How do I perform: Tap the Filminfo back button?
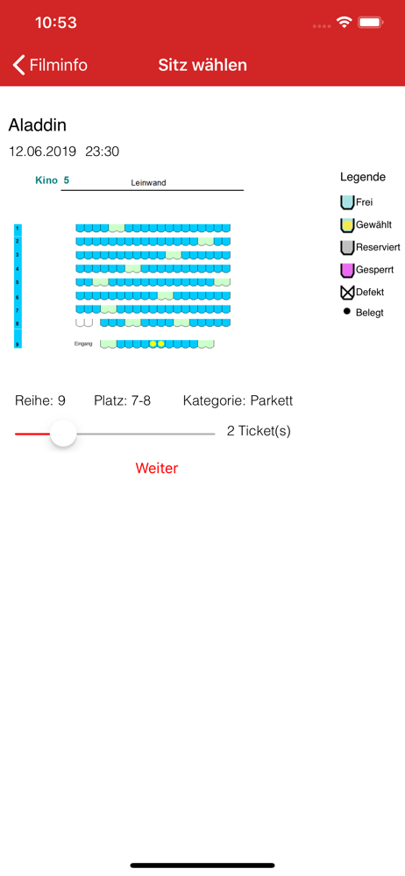click(x=50, y=65)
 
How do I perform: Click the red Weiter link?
click(x=157, y=468)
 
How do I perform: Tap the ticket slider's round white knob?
click(x=63, y=434)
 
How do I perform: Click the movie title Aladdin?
click(x=38, y=125)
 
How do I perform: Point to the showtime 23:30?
click(x=103, y=152)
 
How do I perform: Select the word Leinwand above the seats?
click(x=148, y=183)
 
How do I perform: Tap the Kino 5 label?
click(x=52, y=180)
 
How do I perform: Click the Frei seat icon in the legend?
click(x=347, y=202)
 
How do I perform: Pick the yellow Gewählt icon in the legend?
click(x=347, y=225)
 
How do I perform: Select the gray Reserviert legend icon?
click(x=347, y=248)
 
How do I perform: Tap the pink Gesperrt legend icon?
click(x=347, y=270)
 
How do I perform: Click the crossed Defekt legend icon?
click(x=347, y=293)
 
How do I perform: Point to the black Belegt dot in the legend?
click(x=347, y=311)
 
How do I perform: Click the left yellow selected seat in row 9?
click(x=153, y=343)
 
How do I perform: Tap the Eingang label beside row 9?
click(x=82, y=343)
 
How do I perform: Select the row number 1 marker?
click(x=18, y=229)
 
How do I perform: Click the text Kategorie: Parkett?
click(x=238, y=400)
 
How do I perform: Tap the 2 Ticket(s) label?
click(x=259, y=431)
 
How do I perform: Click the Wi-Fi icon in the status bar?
click(x=344, y=23)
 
